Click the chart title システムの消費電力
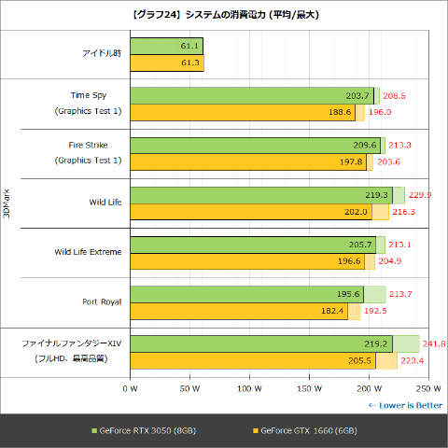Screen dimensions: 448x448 (223, 12)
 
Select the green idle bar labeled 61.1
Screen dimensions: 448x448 (166, 46)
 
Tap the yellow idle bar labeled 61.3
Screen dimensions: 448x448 (166, 63)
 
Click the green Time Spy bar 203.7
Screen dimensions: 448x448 (252, 95)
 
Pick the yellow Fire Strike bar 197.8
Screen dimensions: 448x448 (248, 161)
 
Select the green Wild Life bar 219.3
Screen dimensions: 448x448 (260, 195)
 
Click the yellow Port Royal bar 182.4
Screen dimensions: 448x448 (239, 311)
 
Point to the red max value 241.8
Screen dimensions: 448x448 (435, 344)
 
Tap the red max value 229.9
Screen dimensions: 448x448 (421, 195)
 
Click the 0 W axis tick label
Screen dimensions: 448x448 (131, 386)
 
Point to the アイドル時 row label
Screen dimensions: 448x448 (101, 54)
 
